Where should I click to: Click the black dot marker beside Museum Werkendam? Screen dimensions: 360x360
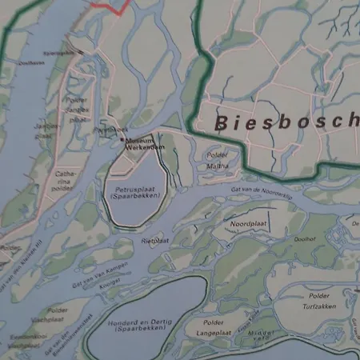pos(122,140)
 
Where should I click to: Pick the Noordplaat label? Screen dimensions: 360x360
pos(246,225)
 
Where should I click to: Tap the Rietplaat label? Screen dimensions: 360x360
pos(155,238)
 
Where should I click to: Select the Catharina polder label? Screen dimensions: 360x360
pos(65,181)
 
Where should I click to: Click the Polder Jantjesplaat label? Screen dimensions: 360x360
pos(77,107)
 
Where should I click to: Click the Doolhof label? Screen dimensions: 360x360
pos(305,238)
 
